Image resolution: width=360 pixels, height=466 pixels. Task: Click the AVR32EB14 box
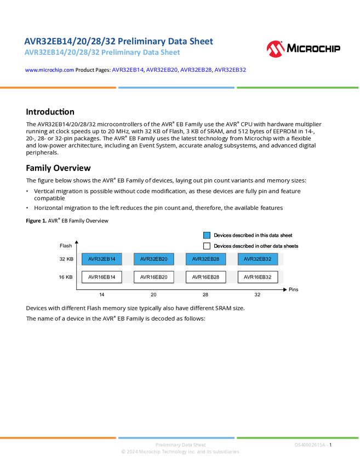point(101,259)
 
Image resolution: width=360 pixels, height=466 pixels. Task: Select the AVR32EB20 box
point(153,259)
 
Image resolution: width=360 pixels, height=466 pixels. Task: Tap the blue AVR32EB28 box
point(205,259)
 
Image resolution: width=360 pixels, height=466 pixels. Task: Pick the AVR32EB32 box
point(258,259)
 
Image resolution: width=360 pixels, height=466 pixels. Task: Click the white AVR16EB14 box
point(101,277)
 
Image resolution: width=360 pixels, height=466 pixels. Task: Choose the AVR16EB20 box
point(153,277)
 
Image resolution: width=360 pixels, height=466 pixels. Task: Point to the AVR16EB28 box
point(205,277)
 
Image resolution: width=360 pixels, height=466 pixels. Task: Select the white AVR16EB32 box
point(258,277)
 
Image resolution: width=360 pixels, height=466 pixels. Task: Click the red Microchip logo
point(275,49)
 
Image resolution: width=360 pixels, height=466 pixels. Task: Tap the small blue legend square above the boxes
point(207,235)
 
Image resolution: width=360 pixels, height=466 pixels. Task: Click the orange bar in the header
point(58,88)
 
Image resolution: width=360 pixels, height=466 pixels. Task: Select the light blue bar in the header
point(176,88)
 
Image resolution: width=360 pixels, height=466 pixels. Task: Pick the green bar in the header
point(298,88)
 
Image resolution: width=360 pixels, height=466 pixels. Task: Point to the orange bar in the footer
point(58,437)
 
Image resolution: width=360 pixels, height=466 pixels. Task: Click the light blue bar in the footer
point(176,437)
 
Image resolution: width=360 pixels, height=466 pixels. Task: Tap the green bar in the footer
point(298,437)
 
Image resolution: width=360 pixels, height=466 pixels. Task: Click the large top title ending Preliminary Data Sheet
point(118,41)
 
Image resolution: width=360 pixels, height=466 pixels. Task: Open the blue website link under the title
point(49,70)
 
